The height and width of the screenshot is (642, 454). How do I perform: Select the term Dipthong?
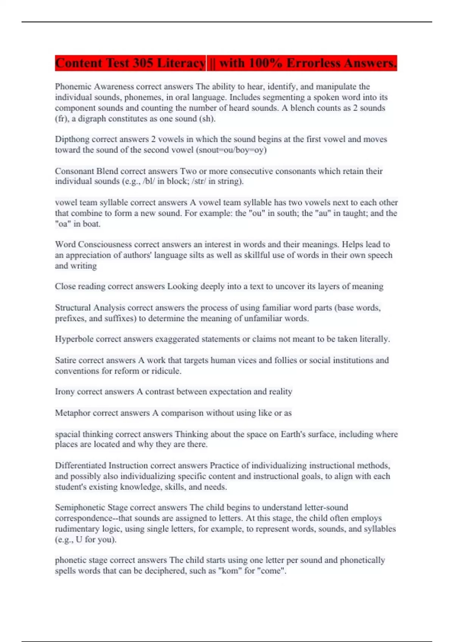point(72,139)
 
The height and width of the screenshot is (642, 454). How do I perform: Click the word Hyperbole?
point(74,339)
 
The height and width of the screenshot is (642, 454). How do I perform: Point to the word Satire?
point(65,360)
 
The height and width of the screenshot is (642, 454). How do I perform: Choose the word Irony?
point(65,392)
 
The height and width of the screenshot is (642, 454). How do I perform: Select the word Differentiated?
point(80,466)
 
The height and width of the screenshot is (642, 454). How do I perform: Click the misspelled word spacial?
point(68,434)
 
